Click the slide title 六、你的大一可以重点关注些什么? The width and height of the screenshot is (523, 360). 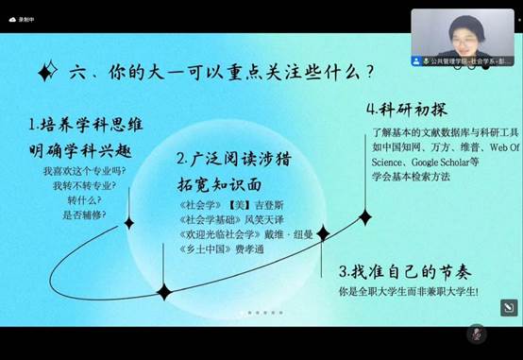[217, 72]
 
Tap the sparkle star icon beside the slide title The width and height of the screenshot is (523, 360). [44, 72]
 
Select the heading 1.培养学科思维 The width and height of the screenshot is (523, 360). [80, 124]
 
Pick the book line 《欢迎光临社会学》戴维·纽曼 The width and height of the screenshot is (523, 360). [240, 234]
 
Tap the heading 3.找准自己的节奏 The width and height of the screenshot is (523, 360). [405, 271]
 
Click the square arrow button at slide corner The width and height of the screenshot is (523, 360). [507, 307]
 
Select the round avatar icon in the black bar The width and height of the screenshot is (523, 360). [477, 334]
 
